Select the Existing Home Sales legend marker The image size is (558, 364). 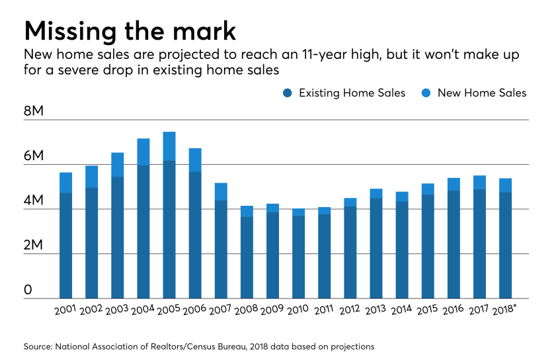(x=286, y=93)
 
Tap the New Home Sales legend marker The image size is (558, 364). (x=424, y=93)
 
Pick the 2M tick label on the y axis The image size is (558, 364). (x=33, y=246)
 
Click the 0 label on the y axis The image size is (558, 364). (x=28, y=290)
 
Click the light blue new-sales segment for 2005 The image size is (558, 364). (x=169, y=146)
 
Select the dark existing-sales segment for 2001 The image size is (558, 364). (x=65, y=245)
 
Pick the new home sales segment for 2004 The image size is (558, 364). (x=143, y=152)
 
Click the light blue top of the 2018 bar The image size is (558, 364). (x=505, y=185)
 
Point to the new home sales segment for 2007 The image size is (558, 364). (x=221, y=191)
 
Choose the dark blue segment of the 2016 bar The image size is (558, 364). (x=454, y=244)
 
